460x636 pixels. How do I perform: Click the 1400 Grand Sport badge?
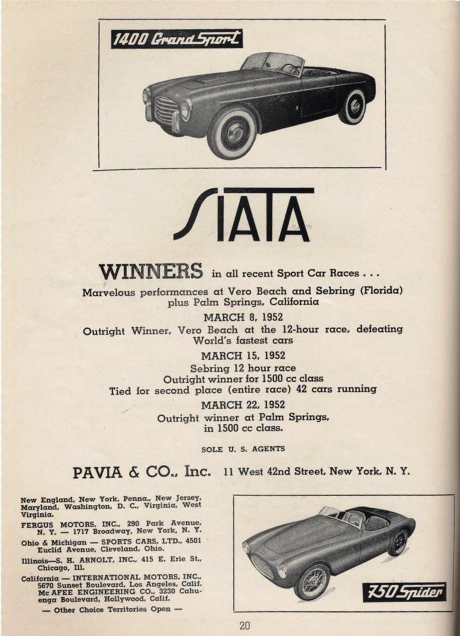point(177,39)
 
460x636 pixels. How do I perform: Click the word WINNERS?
point(151,271)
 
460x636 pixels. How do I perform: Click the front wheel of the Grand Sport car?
point(232,132)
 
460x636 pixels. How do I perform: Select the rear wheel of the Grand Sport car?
point(352,106)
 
